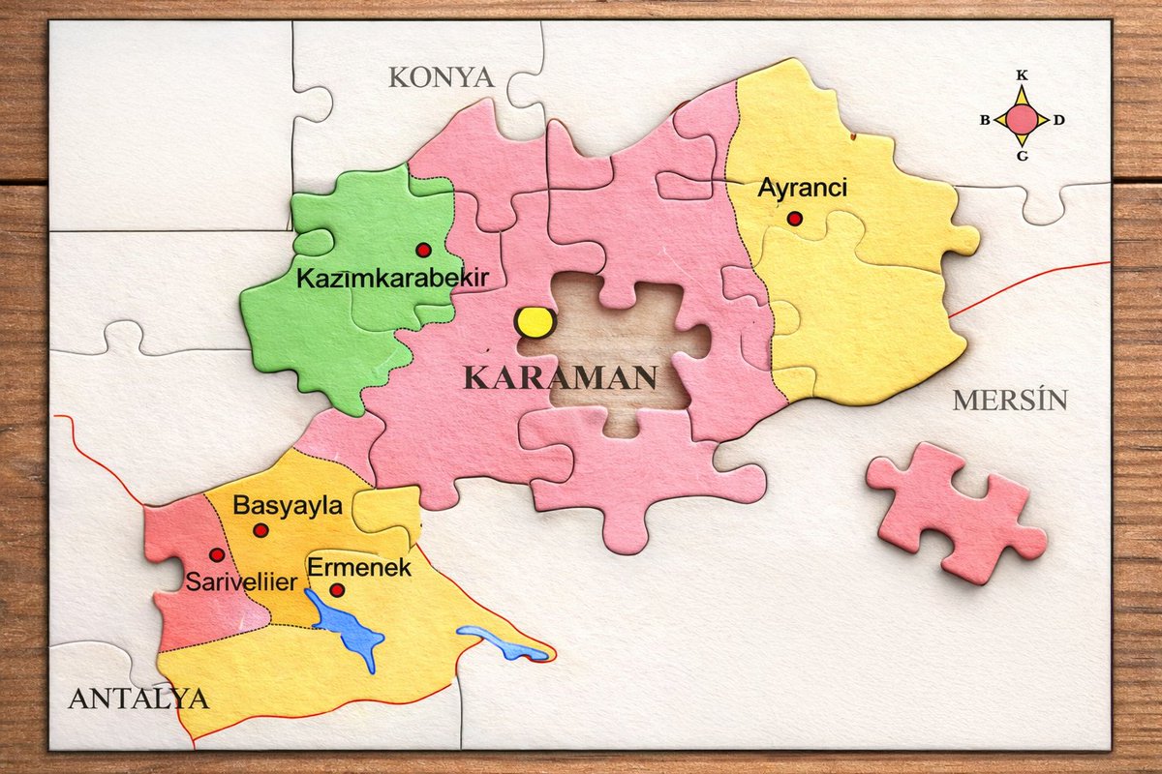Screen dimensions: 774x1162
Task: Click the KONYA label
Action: (442, 77)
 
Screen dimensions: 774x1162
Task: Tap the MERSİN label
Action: (1009, 400)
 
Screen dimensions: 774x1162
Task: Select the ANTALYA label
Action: (138, 699)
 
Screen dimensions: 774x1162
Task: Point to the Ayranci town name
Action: (802, 188)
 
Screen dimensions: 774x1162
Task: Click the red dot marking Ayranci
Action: (795, 219)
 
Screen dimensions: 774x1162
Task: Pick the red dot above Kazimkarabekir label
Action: (423, 250)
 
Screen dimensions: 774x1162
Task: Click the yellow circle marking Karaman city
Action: (533, 322)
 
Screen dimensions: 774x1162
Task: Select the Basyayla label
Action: (288, 505)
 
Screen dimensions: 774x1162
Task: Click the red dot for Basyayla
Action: (260, 530)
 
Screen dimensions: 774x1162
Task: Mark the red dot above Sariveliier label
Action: (217, 554)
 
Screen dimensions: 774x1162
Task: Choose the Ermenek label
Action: (359, 568)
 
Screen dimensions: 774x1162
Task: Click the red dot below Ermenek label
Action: (337, 590)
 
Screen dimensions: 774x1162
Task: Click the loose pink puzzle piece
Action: (955, 513)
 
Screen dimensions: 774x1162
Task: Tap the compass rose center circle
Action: (1022, 120)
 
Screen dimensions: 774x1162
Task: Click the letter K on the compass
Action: (1022, 74)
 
